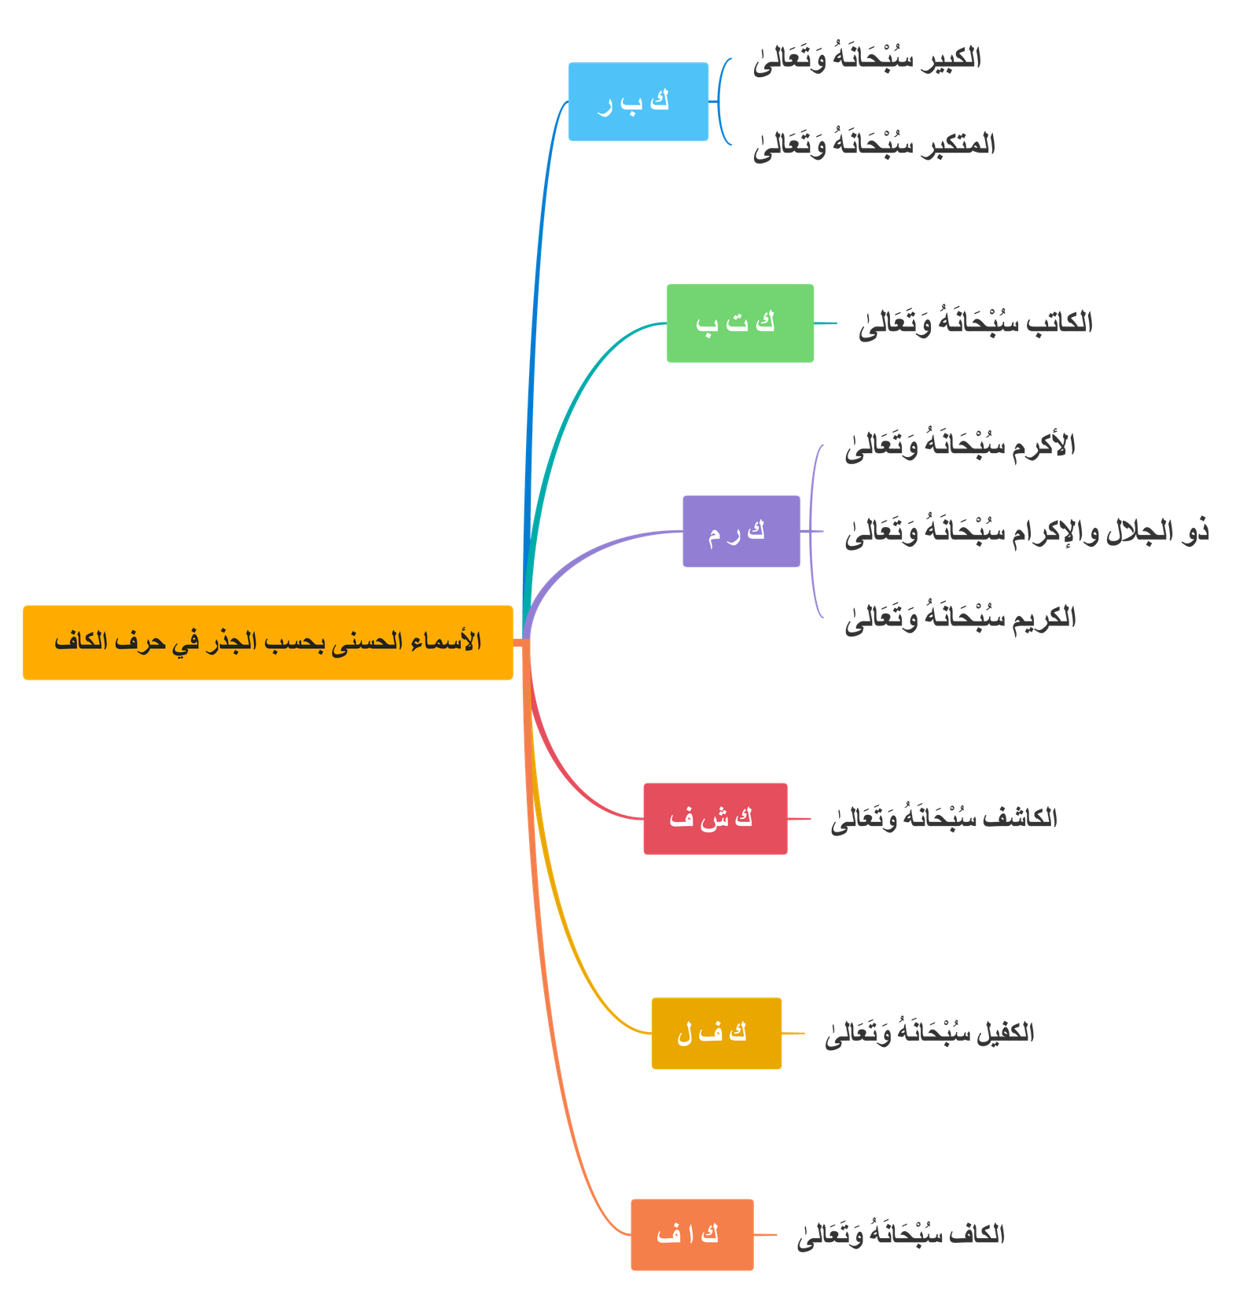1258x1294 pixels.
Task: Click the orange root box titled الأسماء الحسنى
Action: pyautogui.click(x=267, y=642)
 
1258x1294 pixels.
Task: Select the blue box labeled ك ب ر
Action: pyautogui.click(x=638, y=101)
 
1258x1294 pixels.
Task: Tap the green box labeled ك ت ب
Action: pyautogui.click(x=739, y=323)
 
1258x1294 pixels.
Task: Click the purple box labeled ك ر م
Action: pyautogui.click(x=740, y=531)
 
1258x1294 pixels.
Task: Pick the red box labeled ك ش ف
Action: pyautogui.click(x=714, y=818)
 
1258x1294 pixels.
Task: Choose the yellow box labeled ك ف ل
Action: pyautogui.click(x=715, y=1033)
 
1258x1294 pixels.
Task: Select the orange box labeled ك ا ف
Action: pyautogui.click(x=691, y=1234)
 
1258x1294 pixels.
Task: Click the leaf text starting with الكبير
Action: pyautogui.click(x=866, y=59)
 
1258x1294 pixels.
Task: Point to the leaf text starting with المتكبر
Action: pyautogui.click(x=874, y=146)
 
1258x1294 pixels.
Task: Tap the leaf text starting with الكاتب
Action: pyautogui.click(x=975, y=323)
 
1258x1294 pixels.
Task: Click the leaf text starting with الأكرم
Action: pyautogui.click(x=959, y=446)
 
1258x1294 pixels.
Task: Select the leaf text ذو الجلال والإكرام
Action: pyautogui.click(x=1026, y=533)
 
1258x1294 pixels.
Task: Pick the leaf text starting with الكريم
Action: pyautogui.click(x=959, y=618)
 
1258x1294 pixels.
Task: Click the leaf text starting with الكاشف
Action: pyautogui.click(x=943, y=819)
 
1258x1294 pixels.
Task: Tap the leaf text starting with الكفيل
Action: pyautogui.click(x=929, y=1034)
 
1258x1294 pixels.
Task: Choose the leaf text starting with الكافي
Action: pyautogui.click(x=901, y=1235)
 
